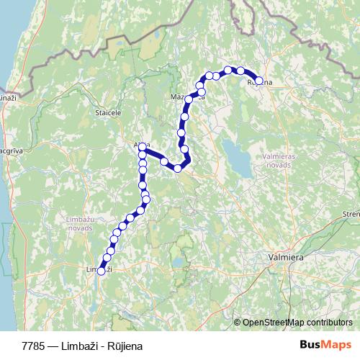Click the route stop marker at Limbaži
(x=101, y=271)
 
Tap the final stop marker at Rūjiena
(x=258, y=81)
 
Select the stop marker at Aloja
(x=143, y=147)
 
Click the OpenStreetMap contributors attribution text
(x=297, y=322)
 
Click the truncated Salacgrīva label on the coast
(x=9, y=151)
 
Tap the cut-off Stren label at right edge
(x=351, y=215)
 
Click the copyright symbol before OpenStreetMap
(x=238, y=322)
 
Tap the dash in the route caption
(x=56, y=346)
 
